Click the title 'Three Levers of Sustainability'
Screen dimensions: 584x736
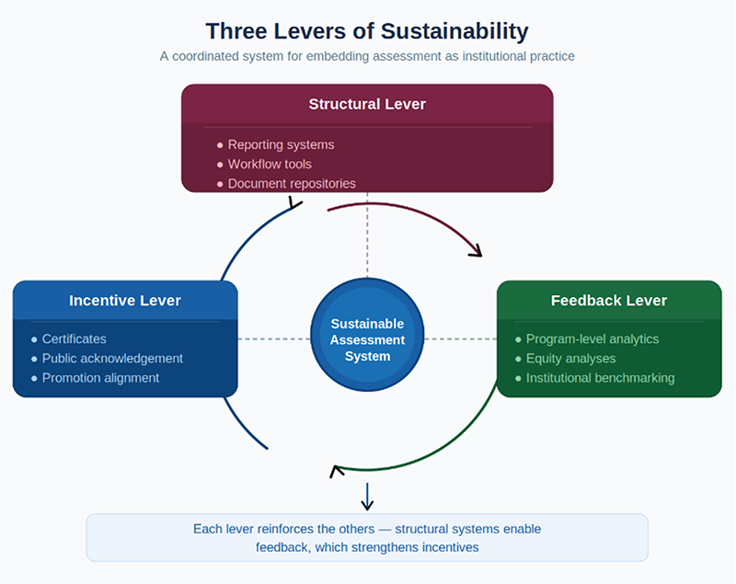(x=367, y=31)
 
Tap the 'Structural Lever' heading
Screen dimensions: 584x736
(x=367, y=104)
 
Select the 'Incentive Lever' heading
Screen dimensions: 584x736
(x=125, y=301)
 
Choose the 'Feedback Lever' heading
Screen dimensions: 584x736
(x=609, y=301)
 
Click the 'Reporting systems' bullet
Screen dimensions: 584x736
(x=281, y=144)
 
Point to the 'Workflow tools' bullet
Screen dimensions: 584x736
(x=270, y=164)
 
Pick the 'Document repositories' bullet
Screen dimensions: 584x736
(x=292, y=183)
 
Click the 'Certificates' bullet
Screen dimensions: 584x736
(x=74, y=338)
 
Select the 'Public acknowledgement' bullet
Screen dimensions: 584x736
(x=112, y=358)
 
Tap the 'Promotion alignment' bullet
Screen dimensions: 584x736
(x=100, y=377)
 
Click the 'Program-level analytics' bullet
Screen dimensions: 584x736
(x=592, y=338)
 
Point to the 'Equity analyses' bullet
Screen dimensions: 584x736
(x=570, y=358)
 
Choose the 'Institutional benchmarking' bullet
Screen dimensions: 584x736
(x=600, y=377)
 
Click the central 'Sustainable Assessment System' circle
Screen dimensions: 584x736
(x=367, y=339)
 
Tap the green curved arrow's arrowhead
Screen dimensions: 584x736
(x=337, y=471)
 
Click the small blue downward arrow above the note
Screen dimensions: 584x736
(x=367, y=498)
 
